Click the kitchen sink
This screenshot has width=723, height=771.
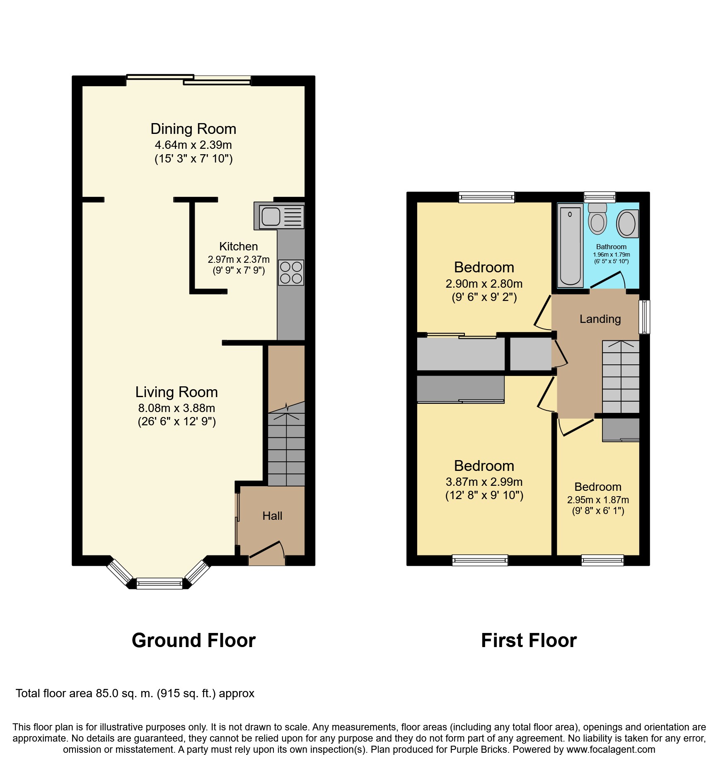279,216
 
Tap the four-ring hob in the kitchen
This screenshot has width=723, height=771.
291,272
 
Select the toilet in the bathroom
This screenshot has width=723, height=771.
597,218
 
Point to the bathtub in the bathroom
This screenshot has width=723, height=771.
570,245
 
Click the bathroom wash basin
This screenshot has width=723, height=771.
627,223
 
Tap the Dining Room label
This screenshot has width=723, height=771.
193,129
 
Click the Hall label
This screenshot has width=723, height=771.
272,516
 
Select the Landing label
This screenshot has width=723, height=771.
600,319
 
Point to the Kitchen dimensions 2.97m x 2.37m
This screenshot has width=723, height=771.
239,259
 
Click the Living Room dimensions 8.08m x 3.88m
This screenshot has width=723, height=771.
177,408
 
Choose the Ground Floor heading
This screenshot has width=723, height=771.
193,640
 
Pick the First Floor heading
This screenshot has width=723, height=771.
529,640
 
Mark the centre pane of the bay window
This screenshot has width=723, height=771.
160,584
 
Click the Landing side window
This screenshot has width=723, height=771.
644,317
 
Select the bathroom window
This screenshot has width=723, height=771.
600,197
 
